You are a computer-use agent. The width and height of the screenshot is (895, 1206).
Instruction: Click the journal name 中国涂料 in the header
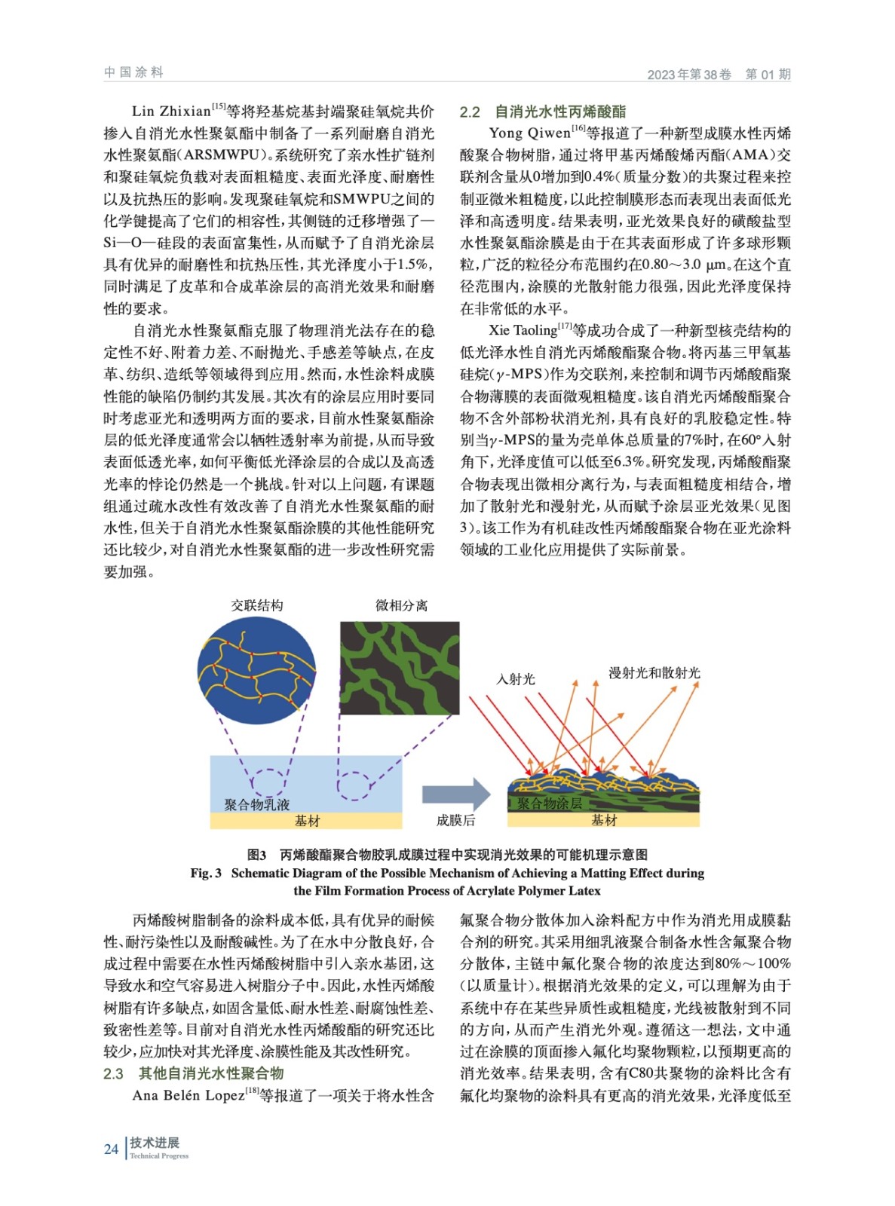click(133, 72)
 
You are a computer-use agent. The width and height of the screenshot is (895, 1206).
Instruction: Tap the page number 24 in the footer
click(111, 1149)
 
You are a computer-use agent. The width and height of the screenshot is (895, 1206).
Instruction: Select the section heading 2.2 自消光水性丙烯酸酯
click(543, 112)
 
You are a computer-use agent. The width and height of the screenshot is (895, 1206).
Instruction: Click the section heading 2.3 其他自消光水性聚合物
click(194, 1073)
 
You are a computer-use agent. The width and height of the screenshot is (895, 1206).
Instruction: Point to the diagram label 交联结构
click(257, 605)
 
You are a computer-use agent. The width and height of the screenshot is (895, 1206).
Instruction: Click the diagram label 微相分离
click(401, 605)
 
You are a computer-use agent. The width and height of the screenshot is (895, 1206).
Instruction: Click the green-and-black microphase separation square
click(400, 668)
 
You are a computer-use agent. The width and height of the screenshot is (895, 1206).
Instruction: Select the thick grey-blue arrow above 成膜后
click(455, 794)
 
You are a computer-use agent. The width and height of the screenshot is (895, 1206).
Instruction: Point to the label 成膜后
click(455, 820)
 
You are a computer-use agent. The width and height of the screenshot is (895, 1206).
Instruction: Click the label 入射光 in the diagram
click(516, 678)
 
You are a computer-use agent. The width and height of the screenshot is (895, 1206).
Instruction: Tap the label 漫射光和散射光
click(654, 672)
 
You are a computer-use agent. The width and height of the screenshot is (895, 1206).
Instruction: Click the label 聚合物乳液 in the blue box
click(257, 804)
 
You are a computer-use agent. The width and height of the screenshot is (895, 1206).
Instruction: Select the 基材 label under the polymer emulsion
click(307, 820)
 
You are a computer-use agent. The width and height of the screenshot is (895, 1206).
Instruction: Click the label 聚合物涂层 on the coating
click(549, 803)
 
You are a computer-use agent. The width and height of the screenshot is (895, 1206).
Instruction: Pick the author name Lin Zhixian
click(171, 112)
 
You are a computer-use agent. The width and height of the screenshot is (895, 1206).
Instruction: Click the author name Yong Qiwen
click(529, 133)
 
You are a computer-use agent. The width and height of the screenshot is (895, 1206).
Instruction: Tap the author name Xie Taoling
click(523, 330)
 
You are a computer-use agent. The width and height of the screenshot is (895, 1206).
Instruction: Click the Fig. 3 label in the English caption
click(206, 873)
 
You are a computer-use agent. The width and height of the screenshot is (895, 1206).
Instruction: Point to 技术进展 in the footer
click(155, 1143)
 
